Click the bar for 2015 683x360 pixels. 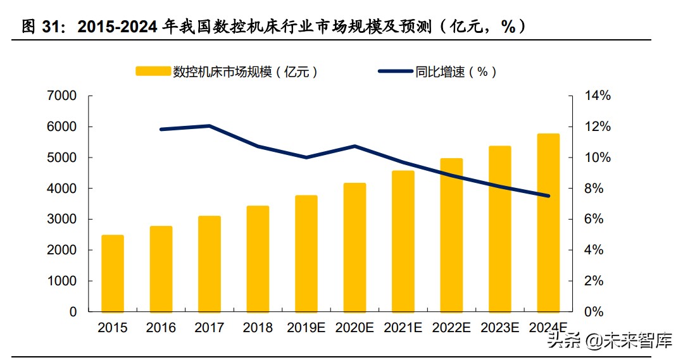[x=113, y=273]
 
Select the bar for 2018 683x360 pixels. [x=258, y=259]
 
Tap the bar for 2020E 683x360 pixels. [x=354, y=247]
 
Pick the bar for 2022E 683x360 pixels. [x=451, y=235]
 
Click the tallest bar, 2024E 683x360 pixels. [x=548, y=223]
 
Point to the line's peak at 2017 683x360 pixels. [x=210, y=126]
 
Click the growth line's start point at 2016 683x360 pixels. [x=161, y=129]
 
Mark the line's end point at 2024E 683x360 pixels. [x=548, y=196]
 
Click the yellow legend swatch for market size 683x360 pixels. [x=153, y=72]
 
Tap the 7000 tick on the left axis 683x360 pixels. [x=61, y=96]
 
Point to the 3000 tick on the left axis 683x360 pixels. [x=61, y=220]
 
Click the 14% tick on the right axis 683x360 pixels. [x=597, y=96]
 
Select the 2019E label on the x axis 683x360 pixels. [x=306, y=328]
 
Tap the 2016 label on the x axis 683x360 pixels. [x=161, y=328]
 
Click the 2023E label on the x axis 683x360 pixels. [x=499, y=328]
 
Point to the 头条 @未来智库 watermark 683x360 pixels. [x=610, y=342]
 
